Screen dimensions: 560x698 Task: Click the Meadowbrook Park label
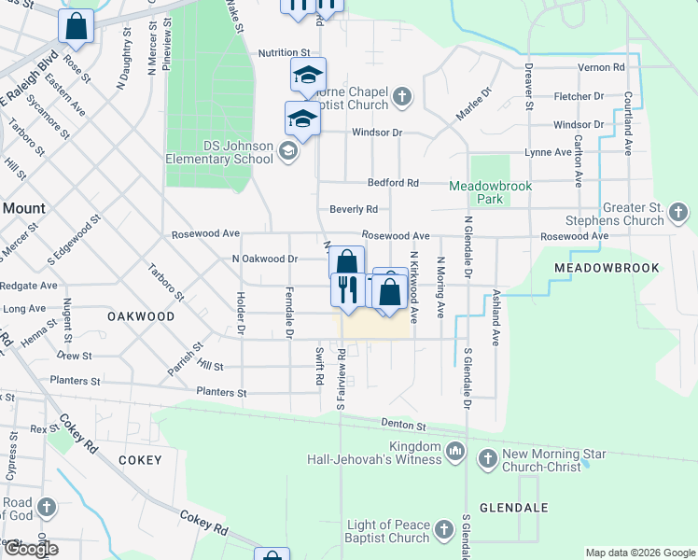[490, 192]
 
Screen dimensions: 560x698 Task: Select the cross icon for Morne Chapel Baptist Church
[401, 96]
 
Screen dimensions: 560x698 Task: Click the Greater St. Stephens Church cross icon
[678, 216]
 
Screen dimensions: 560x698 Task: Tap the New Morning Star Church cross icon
[487, 458]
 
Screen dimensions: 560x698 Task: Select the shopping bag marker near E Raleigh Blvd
[76, 27]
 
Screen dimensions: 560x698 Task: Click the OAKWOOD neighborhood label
[141, 316]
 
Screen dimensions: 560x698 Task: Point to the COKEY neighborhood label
[140, 460]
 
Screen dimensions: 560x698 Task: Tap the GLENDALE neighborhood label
[507, 509]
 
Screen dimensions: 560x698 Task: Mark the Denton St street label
[403, 425]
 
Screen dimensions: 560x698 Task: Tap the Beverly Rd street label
[353, 209]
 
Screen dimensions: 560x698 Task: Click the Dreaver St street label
[528, 87]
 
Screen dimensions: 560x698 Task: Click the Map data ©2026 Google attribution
[639, 553]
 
